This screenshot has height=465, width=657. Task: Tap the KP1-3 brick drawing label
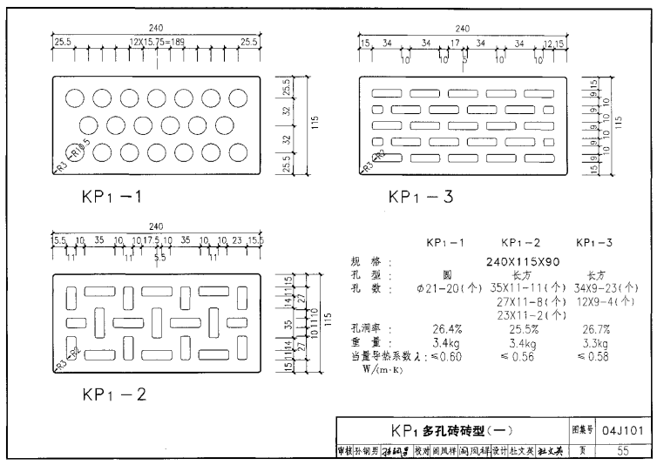pyautogui.click(x=421, y=197)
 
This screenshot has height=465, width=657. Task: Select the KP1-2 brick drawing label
pyautogui.click(x=114, y=394)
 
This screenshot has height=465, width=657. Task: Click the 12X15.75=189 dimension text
pyautogui.click(x=156, y=42)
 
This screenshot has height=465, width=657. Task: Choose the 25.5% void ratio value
pyautogui.click(x=522, y=329)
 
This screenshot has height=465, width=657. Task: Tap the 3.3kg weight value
pyautogui.click(x=596, y=343)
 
